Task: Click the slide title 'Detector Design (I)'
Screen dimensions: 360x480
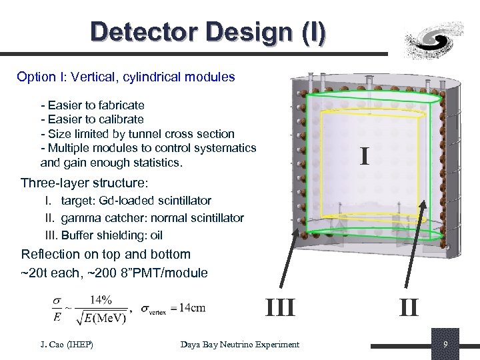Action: click(x=209, y=32)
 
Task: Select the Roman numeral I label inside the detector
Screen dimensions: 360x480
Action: click(x=363, y=157)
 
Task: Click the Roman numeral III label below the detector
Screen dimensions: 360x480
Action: click(x=280, y=308)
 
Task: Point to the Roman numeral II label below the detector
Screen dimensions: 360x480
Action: click(x=409, y=308)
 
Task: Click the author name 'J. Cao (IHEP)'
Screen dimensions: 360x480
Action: click(x=65, y=344)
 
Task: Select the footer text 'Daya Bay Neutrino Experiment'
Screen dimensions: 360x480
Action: click(x=240, y=344)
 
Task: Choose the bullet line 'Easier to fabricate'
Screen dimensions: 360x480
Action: click(x=93, y=105)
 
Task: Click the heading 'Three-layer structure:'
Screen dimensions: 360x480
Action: click(x=83, y=183)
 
